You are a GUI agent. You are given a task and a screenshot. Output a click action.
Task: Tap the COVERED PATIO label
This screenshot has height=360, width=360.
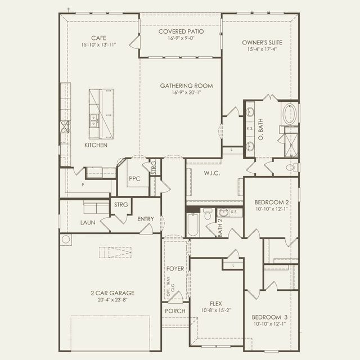pos(181,31)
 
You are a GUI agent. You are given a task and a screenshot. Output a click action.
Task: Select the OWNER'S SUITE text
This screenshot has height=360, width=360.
pos(262,43)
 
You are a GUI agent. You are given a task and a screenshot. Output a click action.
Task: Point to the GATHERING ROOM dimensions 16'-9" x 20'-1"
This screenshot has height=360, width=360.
pos(186,92)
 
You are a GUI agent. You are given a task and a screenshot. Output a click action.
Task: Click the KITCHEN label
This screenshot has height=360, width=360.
pos(96,145)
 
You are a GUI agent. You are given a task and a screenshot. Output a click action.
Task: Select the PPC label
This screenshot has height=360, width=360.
pos(134,179)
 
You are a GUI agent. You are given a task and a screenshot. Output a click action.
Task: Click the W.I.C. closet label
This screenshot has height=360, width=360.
pos(211,173)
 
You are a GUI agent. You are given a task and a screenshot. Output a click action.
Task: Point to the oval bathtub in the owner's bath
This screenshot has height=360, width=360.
pos(289,114)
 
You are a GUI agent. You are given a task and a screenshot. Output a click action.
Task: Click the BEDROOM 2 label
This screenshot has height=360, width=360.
pos(272,202)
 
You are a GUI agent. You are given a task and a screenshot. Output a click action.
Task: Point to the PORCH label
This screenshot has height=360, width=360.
pos(174,310)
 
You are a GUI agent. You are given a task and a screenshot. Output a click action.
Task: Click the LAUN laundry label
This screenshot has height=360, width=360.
pos(87,223)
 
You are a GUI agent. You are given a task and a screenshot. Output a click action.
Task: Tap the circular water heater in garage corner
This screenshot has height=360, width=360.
pos(66,240)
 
